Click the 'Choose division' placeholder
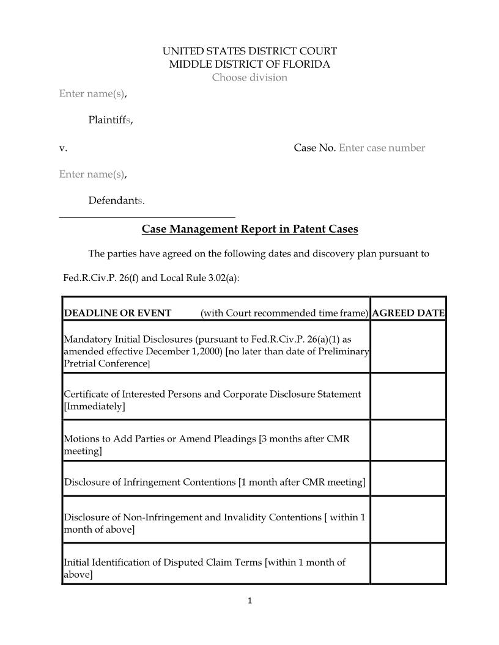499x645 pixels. tap(250, 78)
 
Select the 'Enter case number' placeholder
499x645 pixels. tap(382, 148)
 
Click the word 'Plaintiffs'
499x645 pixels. tap(110, 120)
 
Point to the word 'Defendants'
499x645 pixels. tap(116, 200)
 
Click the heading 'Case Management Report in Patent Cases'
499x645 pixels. tap(250, 229)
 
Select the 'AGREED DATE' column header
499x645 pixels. tap(408, 313)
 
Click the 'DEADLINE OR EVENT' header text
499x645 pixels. tap(117, 313)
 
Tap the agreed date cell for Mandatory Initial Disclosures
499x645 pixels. tap(408, 347)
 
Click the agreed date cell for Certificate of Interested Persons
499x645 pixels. tap(408, 396)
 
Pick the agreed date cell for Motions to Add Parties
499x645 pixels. tap(408, 440)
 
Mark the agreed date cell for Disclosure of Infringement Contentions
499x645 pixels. tap(408, 478)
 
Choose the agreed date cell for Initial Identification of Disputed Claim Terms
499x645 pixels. tap(408, 563)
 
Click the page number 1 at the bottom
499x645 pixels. tap(250, 601)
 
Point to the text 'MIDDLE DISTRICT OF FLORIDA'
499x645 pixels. tap(250, 64)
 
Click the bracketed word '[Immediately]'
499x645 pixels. tap(94, 407)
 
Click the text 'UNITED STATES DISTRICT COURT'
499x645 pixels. tap(250, 51)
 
